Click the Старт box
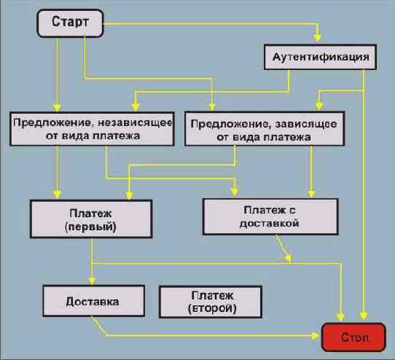pos(70,23)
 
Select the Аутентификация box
pos(319,57)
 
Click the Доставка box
pos(92,300)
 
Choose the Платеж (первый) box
pos(90,219)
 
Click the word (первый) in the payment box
pos(90,227)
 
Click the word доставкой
pos(270,224)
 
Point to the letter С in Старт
pos(55,23)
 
